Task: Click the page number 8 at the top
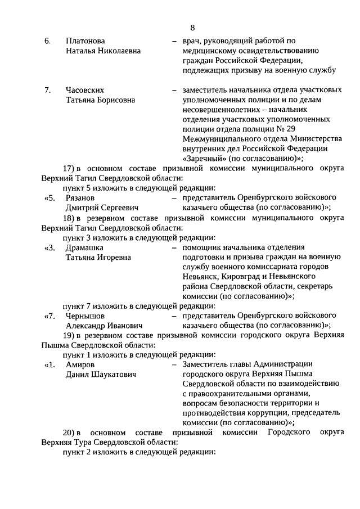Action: click(x=192, y=27)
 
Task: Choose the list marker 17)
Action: click(x=69, y=168)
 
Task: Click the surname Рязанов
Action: click(x=80, y=197)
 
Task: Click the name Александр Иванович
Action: click(x=104, y=326)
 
